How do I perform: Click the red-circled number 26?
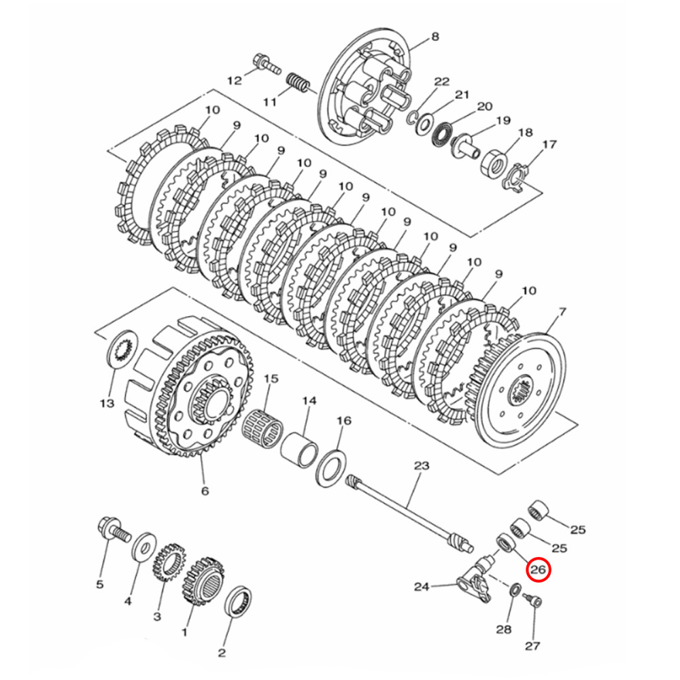538,570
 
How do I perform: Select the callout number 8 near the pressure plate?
435,37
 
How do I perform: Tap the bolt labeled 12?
265,66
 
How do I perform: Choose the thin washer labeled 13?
123,349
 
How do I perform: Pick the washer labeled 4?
143,545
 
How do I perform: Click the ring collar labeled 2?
240,602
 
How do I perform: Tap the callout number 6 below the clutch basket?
205,490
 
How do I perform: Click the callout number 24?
422,586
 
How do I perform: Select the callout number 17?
549,144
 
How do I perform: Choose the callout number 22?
442,82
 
